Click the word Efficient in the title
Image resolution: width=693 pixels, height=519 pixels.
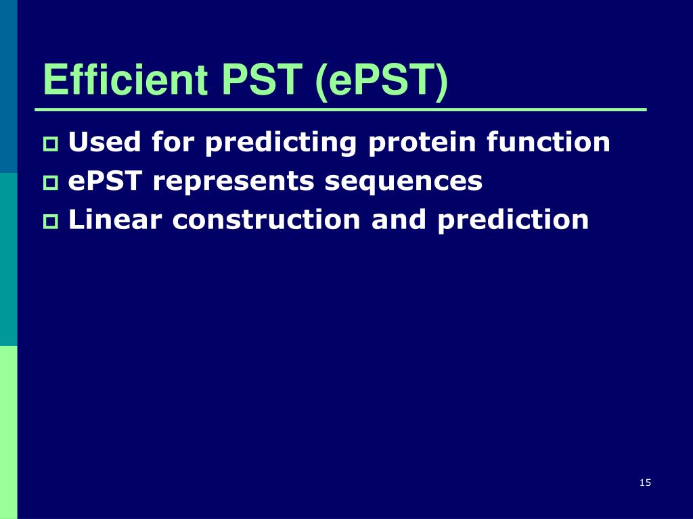125,80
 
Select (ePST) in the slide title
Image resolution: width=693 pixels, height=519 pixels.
382,81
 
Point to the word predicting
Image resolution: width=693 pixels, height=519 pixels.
281,143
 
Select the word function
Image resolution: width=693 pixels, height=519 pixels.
548,142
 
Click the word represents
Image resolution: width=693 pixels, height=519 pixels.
233,182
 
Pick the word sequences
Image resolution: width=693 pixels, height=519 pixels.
403,182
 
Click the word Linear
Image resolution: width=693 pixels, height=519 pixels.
115,220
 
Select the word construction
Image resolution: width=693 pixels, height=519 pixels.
266,220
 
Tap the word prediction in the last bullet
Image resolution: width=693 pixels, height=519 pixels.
513,220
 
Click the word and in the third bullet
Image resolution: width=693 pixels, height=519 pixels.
399,220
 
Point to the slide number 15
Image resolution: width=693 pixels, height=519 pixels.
645,483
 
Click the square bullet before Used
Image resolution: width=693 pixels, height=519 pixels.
51,145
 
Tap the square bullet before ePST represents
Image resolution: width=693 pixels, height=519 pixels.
51,182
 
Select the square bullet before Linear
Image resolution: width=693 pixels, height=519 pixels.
51,222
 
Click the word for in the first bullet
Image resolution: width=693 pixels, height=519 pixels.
173,142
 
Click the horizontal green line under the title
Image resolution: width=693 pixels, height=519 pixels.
341,109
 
